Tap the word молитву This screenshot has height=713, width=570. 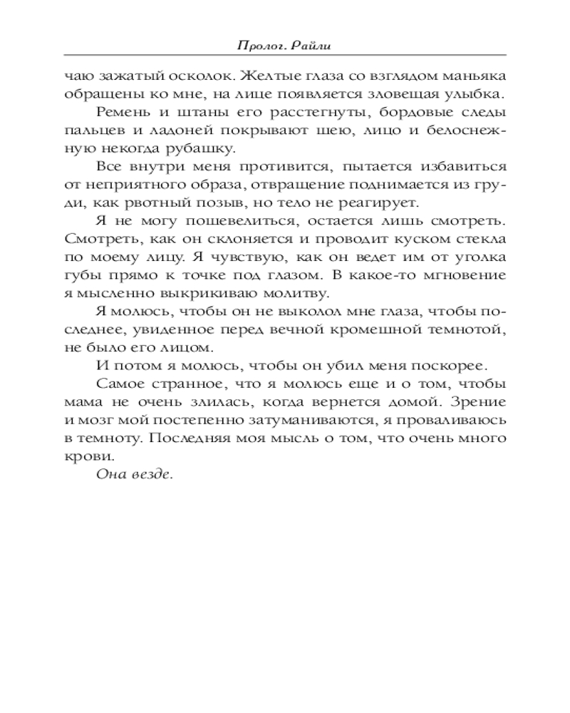click(271, 292)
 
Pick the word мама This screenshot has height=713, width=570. click(80, 404)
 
